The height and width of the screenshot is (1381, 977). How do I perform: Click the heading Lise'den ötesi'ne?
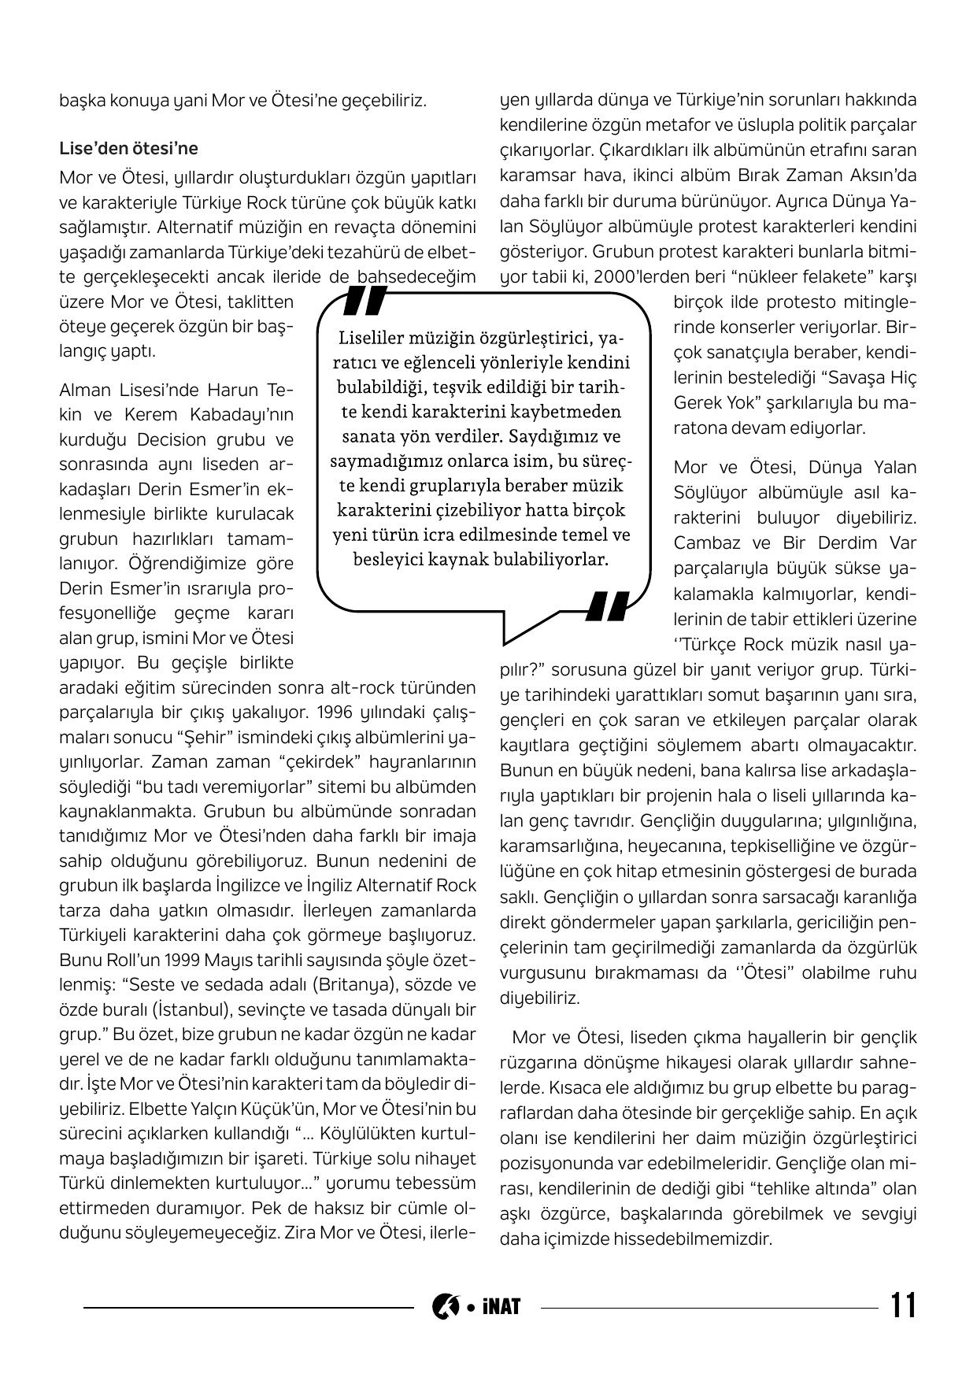pyautogui.click(x=128, y=148)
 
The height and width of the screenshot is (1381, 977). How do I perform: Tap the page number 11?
pyautogui.click(x=903, y=1306)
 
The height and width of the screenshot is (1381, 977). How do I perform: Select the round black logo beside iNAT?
pyautogui.click(x=445, y=1307)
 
